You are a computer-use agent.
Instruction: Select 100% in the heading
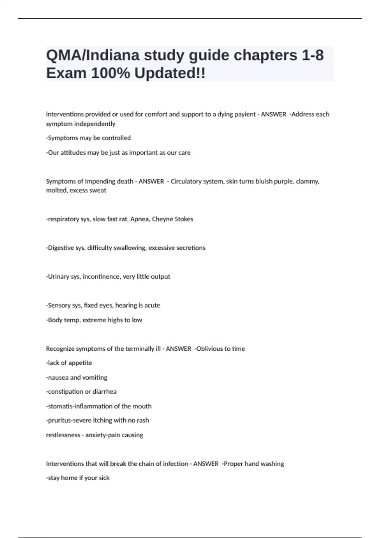[x=111, y=73]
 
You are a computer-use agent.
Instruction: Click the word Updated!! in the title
[x=170, y=73]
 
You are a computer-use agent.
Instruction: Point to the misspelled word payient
[x=244, y=114]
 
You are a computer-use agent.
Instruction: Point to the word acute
[x=153, y=305]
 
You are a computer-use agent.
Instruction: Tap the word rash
[x=143, y=420]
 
